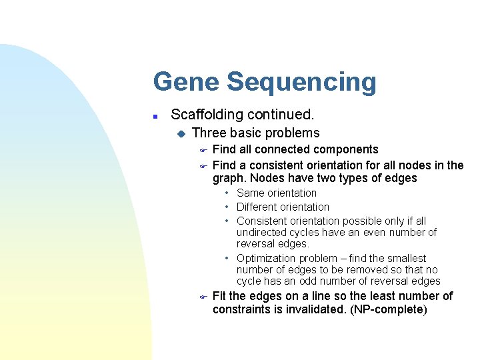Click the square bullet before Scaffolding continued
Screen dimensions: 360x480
155,116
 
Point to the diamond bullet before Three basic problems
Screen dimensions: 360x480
180,133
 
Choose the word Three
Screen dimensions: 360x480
209,133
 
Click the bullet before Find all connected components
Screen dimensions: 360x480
204,150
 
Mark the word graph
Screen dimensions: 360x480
229,179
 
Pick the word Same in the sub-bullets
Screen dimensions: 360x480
250,193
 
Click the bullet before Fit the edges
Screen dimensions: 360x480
204,297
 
